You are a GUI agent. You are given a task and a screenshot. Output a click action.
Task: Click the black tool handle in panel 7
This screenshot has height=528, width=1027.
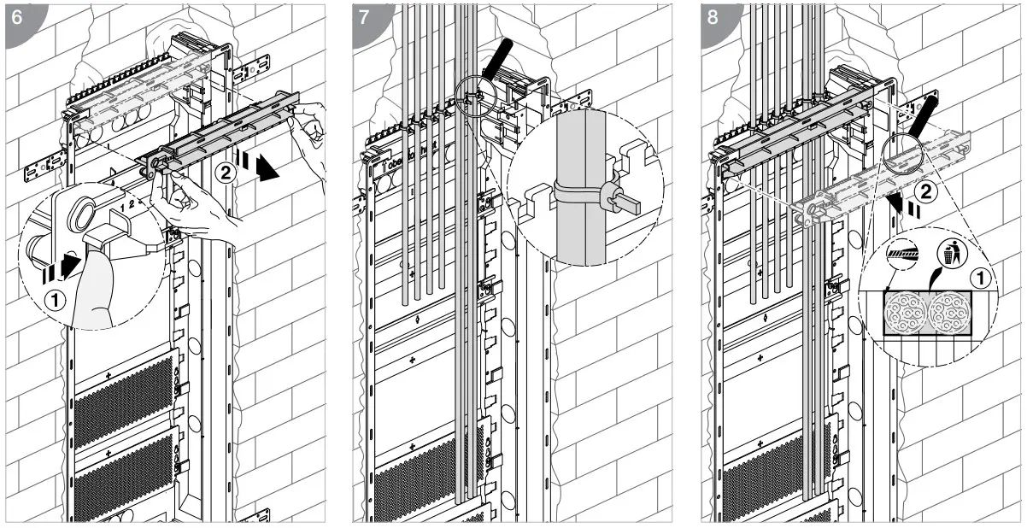click(496, 56)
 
